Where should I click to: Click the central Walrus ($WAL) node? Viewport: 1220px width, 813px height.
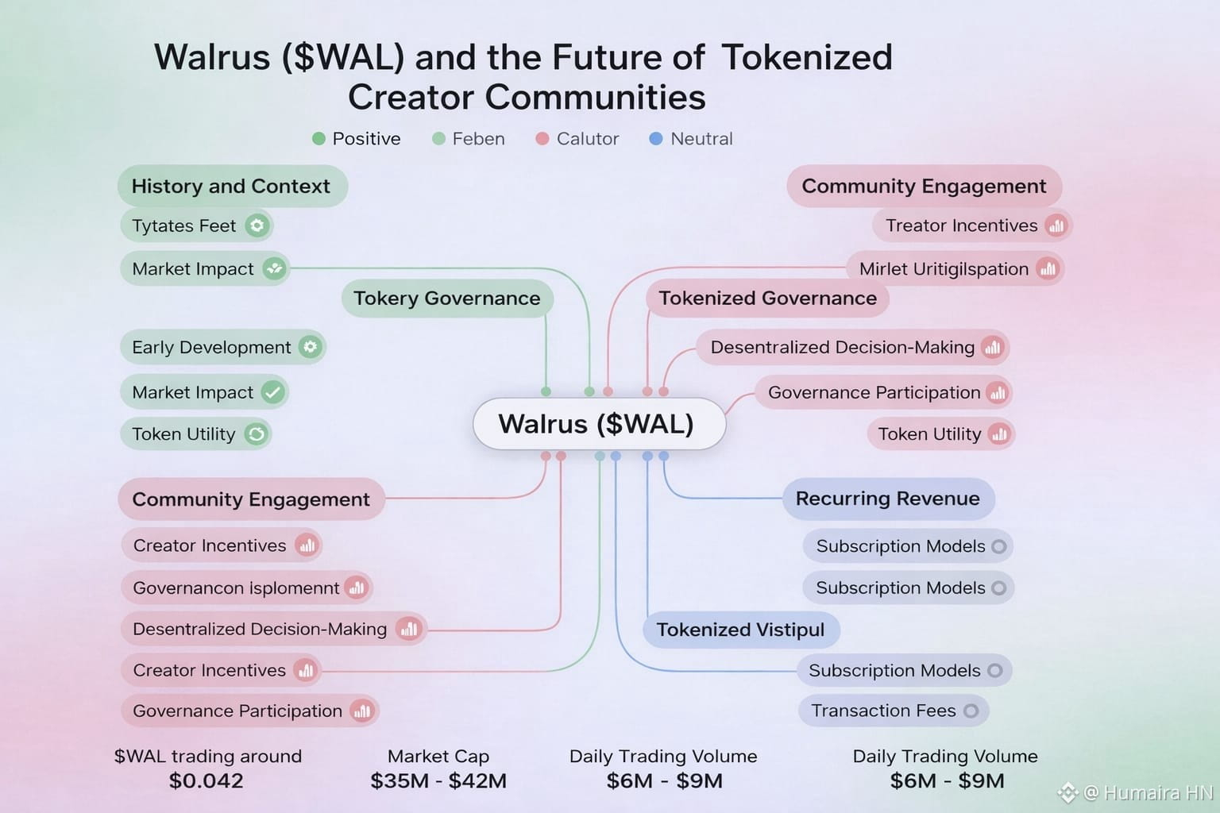tap(599, 424)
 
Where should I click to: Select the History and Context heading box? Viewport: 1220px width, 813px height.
tap(231, 187)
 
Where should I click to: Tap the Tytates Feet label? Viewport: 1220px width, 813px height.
tap(184, 226)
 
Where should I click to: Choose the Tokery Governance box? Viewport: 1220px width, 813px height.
tap(447, 299)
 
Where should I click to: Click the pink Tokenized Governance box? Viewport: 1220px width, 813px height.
tap(767, 299)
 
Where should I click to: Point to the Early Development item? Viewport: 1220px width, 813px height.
tap(212, 348)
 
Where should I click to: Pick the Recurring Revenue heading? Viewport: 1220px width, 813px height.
tap(888, 499)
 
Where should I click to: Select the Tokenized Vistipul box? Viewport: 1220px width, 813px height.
tap(740, 630)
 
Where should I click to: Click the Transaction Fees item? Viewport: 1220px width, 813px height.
tap(884, 711)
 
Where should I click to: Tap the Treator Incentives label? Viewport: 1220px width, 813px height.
tap(962, 226)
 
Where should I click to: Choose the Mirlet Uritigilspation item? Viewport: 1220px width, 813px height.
tap(944, 269)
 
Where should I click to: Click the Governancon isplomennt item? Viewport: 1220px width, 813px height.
tap(236, 588)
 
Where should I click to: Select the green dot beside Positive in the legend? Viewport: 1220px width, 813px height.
tap(319, 139)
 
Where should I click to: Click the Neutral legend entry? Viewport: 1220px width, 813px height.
tap(701, 139)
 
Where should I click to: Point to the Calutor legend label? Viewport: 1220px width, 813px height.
tap(587, 139)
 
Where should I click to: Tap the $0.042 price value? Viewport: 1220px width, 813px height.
tap(207, 781)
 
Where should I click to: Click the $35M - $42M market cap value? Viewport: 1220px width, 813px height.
tap(438, 781)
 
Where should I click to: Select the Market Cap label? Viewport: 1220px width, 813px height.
tap(438, 756)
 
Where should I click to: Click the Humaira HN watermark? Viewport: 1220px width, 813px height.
tap(1147, 792)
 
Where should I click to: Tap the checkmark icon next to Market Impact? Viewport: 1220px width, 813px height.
tap(272, 392)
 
